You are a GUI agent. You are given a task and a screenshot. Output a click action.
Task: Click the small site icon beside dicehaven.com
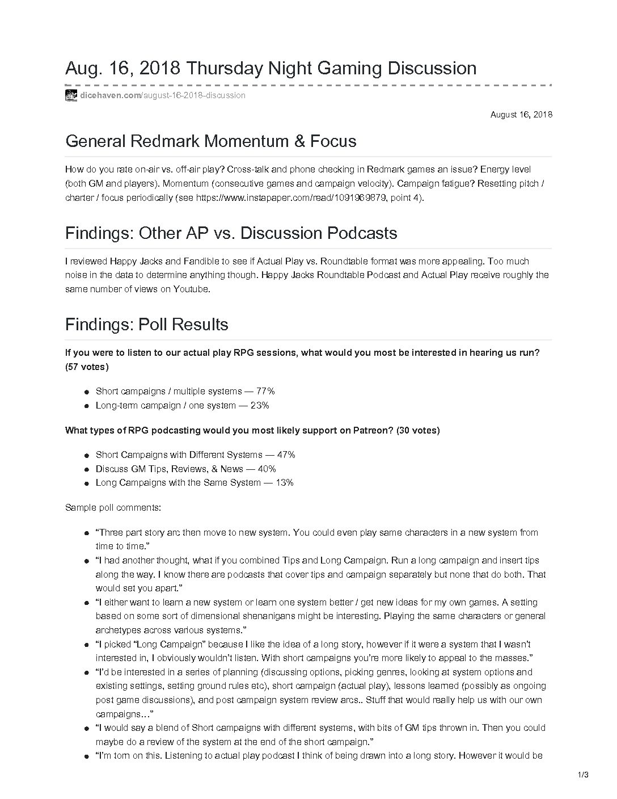(x=71, y=95)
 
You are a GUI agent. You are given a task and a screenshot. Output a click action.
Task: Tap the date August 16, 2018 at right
(x=521, y=115)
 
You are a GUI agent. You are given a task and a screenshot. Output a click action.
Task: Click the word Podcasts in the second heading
(x=361, y=233)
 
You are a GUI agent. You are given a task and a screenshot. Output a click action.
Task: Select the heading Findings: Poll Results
(x=146, y=325)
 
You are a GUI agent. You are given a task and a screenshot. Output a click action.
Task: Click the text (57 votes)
(x=87, y=367)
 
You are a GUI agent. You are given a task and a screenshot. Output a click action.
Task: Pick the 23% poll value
(x=259, y=405)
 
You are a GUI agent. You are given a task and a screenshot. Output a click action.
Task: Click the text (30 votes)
(x=418, y=430)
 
